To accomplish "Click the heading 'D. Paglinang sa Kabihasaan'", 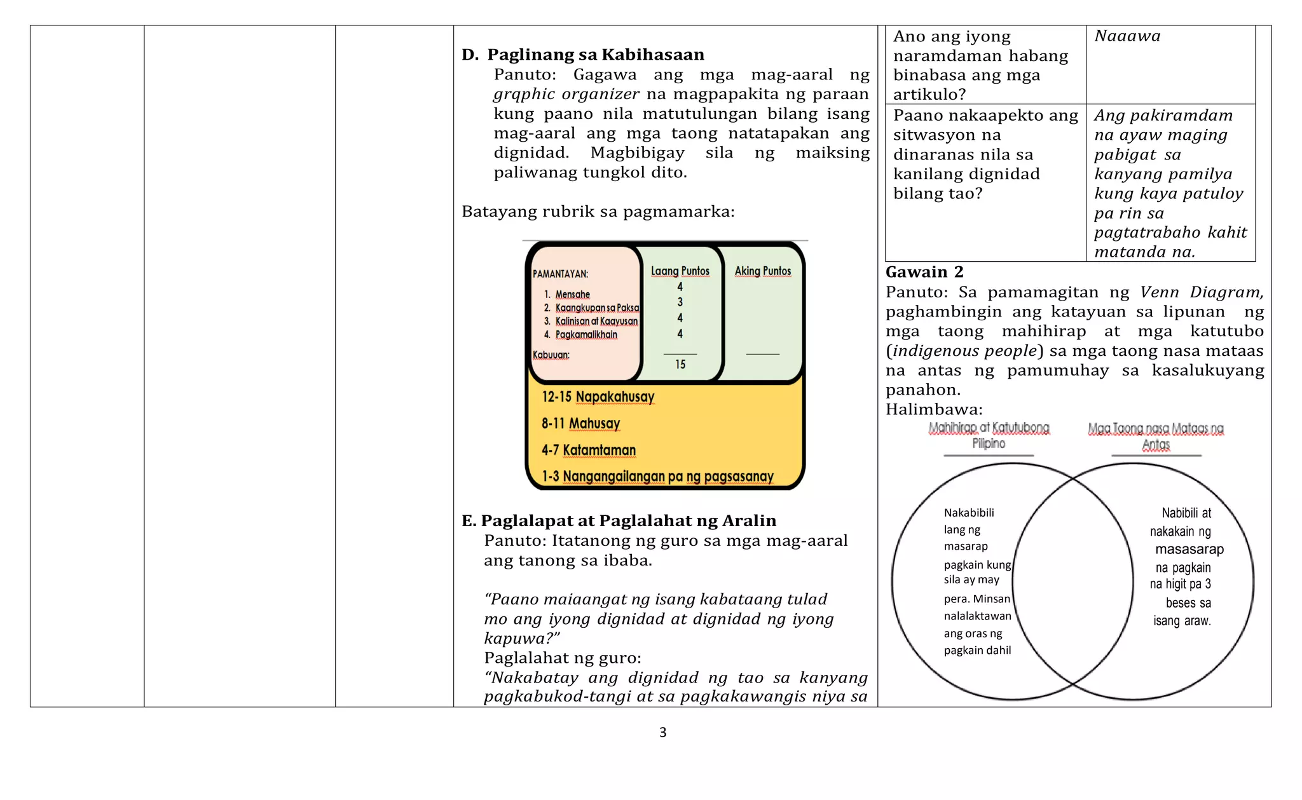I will [583, 55].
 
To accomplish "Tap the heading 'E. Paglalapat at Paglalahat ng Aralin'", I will [619, 521].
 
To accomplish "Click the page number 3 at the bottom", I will [662, 733].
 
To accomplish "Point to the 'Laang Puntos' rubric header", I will [680, 271].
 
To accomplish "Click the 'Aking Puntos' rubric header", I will [762, 271].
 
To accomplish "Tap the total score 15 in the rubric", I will [680, 365].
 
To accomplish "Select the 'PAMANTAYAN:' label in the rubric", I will [560, 274].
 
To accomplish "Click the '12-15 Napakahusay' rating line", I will [598, 397].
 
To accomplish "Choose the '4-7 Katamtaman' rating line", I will [588, 451].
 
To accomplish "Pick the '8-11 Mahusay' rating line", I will [580, 424].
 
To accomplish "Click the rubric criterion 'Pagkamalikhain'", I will [586, 335].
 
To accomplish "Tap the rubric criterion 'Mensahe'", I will [572, 295].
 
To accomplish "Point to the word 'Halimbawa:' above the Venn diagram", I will [934, 410].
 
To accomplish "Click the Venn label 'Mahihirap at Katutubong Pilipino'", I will [989, 436].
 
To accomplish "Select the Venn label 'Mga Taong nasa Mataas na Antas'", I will [1155, 437].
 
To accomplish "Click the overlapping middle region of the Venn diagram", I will [1072, 581].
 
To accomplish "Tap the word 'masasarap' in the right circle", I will [1189, 550].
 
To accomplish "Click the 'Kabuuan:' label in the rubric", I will [551, 355].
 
